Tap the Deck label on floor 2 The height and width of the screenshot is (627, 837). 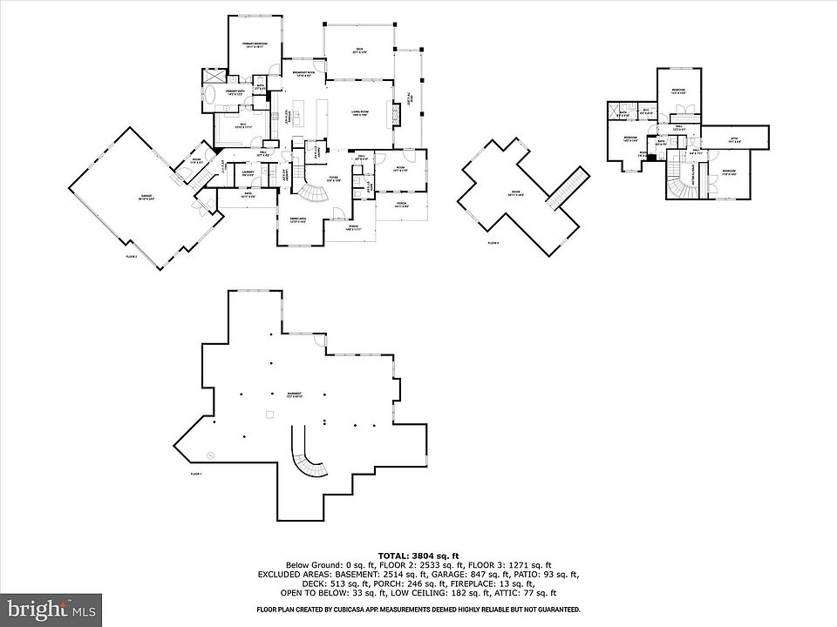coord(358,51)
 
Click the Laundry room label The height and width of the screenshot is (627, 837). coord(248,173)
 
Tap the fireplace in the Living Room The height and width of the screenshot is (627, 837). coord(400,112)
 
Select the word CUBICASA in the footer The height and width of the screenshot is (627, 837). coord(336,610)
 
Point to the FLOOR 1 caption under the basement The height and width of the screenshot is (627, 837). coord(196,474)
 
